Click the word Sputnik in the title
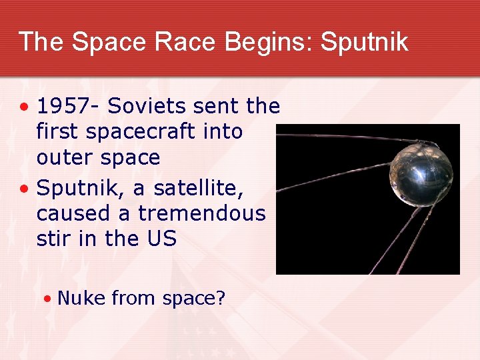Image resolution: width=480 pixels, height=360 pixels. click(x=364, y=42)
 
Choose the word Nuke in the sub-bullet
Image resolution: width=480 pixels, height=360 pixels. click(x=81, y=298)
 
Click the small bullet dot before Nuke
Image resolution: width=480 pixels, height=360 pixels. click(x=47, y=299)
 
